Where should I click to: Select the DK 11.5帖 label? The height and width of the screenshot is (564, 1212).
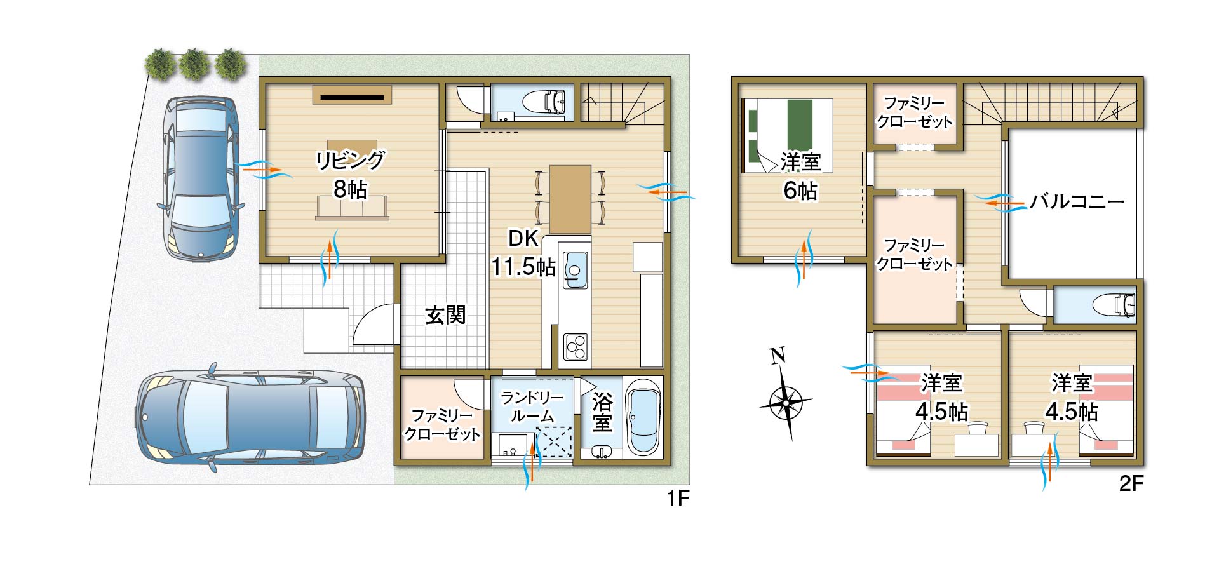click(523, 253)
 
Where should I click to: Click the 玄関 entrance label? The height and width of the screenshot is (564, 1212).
click(445, 315)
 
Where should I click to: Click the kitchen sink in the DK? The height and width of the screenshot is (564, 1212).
click(576, 270)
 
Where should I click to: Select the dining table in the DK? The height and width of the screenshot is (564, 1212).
click(570, 199)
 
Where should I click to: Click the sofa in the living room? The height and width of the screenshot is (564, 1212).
click(352, 208)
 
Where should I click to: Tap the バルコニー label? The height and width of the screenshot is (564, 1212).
click(1077, 202)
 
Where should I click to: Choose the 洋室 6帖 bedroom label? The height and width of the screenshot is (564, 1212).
click(800, 176)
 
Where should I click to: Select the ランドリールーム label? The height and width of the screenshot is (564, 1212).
click(532, 407)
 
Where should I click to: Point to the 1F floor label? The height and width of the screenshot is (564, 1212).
click(678, 499)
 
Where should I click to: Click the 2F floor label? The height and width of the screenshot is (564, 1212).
click(1131, 484)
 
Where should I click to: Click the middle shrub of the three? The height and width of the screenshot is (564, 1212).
click(194, 64)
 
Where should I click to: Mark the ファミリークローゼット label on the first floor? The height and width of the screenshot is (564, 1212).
click(442, 425)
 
